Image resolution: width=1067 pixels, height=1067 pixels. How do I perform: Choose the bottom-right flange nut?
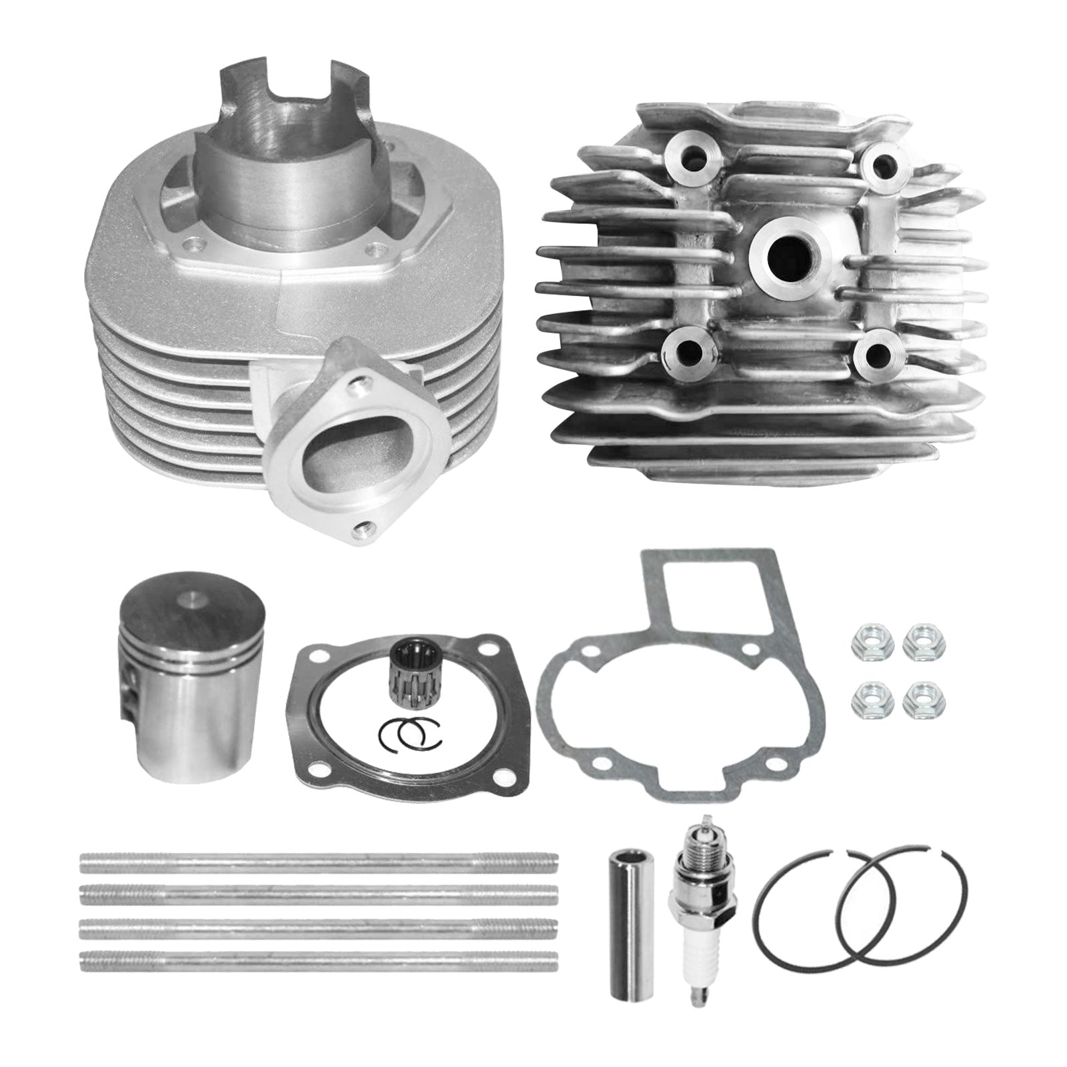tap(916, 699)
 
